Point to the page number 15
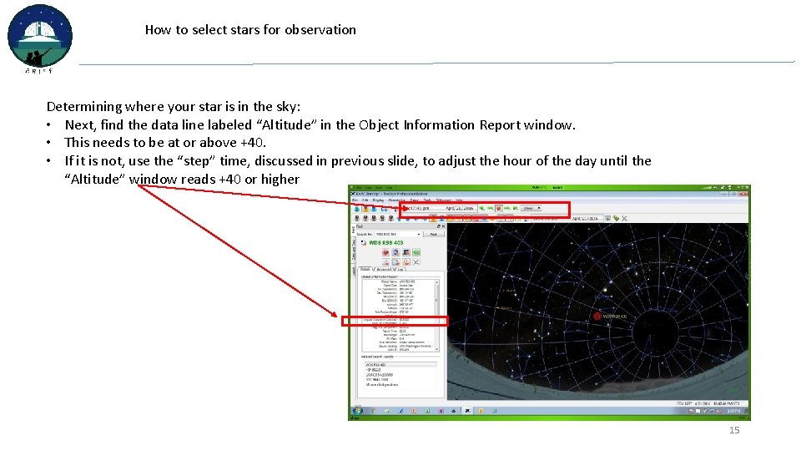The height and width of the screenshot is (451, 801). click(734, 430)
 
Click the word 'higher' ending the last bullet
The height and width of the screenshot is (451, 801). click(280, 180)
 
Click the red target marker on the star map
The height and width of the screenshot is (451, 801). click(597, 316)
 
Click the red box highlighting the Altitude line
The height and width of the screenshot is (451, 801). click(395, 321)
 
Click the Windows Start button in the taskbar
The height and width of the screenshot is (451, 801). click(357, 411)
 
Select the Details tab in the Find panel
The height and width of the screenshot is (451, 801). click(365, 269)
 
